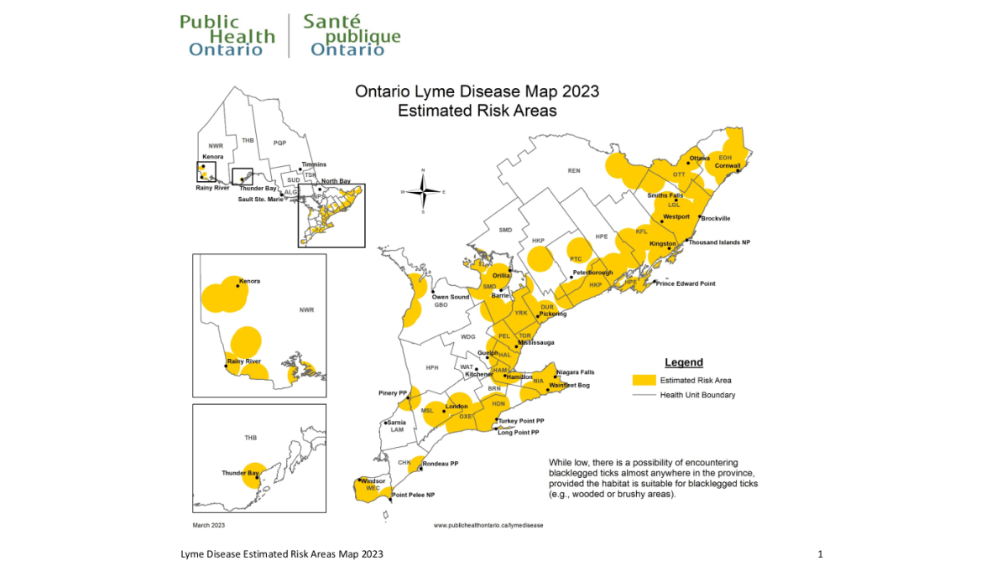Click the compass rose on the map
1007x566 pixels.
pos(423,191)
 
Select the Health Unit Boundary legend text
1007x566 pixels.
pos(697,395)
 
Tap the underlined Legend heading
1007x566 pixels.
pos(683,363)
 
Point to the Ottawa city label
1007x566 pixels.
pos(700,158)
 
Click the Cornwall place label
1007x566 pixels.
pos(727,166)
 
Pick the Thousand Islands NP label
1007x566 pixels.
pos(720,241)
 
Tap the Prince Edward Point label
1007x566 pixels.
pos(686,283)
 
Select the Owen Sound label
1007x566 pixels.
pos(451,297)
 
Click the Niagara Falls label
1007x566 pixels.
pos(575,371)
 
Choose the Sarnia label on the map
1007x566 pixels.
pos(397,422)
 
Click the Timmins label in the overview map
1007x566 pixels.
pos(314,164)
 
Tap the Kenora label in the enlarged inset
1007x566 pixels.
pos(249,281)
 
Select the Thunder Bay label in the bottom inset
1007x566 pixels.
pos(240,473)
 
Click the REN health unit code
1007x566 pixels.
pos(574,171)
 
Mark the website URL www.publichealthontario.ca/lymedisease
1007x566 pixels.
pos(488,525)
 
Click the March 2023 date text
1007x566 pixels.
pos(209,525)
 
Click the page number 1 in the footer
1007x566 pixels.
pos(820,554)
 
